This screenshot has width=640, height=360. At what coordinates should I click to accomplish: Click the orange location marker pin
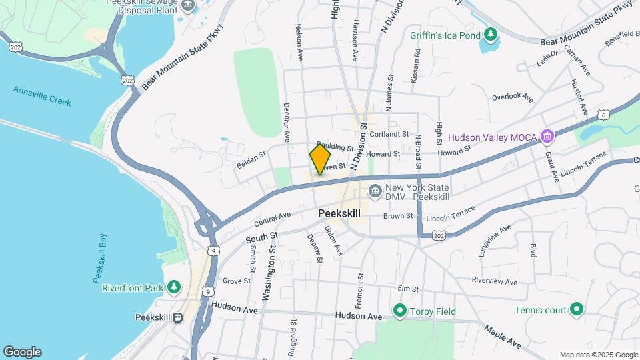[320, 159]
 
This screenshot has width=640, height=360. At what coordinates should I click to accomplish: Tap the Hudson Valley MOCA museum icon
[547, 137]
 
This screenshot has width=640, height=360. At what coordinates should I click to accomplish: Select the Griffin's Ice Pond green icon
[491, 33]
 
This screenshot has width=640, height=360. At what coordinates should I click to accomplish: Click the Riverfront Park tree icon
[174, 287]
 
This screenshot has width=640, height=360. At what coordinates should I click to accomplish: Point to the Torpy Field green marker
[399, 310]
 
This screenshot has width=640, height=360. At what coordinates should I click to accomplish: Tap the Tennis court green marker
[577, 309]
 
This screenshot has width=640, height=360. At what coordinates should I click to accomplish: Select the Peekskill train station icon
[178, 317]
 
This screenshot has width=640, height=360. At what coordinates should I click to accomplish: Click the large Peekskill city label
[339, 213]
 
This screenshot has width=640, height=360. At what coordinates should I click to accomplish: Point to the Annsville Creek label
[42, 97]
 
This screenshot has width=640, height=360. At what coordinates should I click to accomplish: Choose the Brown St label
[399, 216]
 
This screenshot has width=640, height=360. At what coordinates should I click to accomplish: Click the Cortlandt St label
[389, 133]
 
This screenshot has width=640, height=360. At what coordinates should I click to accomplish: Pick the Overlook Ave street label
[513, 97]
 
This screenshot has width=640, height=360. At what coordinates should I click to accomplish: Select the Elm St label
[407, 289]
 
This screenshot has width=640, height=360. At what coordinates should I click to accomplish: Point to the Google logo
[22, 352]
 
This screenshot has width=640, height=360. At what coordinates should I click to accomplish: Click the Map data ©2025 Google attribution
[598, 355]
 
